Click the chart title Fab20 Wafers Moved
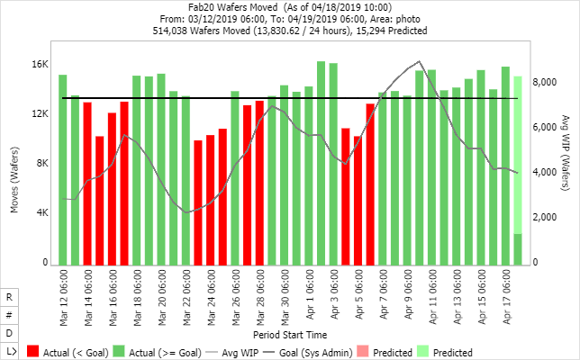click(238, 6)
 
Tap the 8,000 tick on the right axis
click(548, 82)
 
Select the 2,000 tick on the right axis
click(548, 218)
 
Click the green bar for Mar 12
click(63, 170)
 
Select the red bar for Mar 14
click(87, 184)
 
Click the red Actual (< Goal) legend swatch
click(34, 352)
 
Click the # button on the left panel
click(9, 315)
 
